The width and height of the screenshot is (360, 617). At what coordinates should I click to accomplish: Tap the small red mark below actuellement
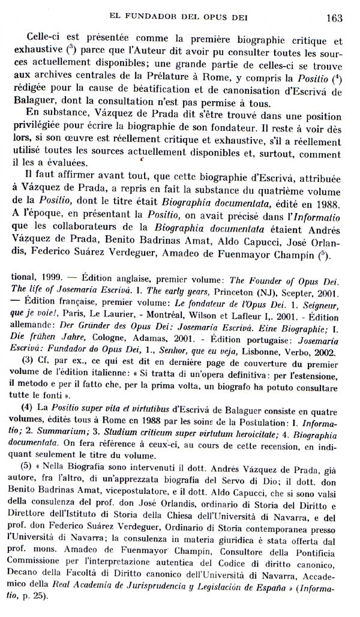pos(142,161)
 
